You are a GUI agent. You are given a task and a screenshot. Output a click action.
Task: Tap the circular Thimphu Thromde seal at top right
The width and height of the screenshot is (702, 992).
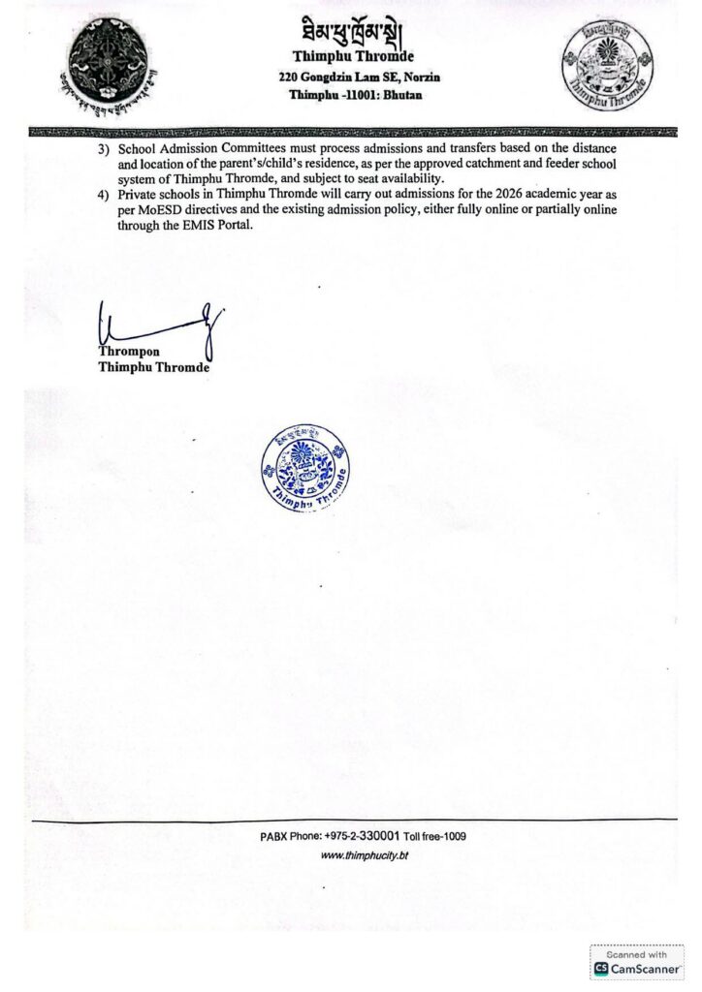click(606, 63)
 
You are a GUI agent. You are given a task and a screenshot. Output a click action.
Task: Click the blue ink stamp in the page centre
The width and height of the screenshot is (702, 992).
click(305, 470)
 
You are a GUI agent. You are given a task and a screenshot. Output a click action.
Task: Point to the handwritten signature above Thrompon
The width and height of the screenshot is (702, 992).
click(160, 326)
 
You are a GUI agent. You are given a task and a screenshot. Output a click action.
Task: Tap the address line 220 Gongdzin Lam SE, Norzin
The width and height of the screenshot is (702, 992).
click(353, 77)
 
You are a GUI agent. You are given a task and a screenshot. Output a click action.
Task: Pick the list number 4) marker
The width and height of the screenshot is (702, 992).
click(104, 195)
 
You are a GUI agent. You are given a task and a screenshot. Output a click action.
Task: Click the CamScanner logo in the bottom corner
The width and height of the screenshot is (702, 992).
click(636, 968)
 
